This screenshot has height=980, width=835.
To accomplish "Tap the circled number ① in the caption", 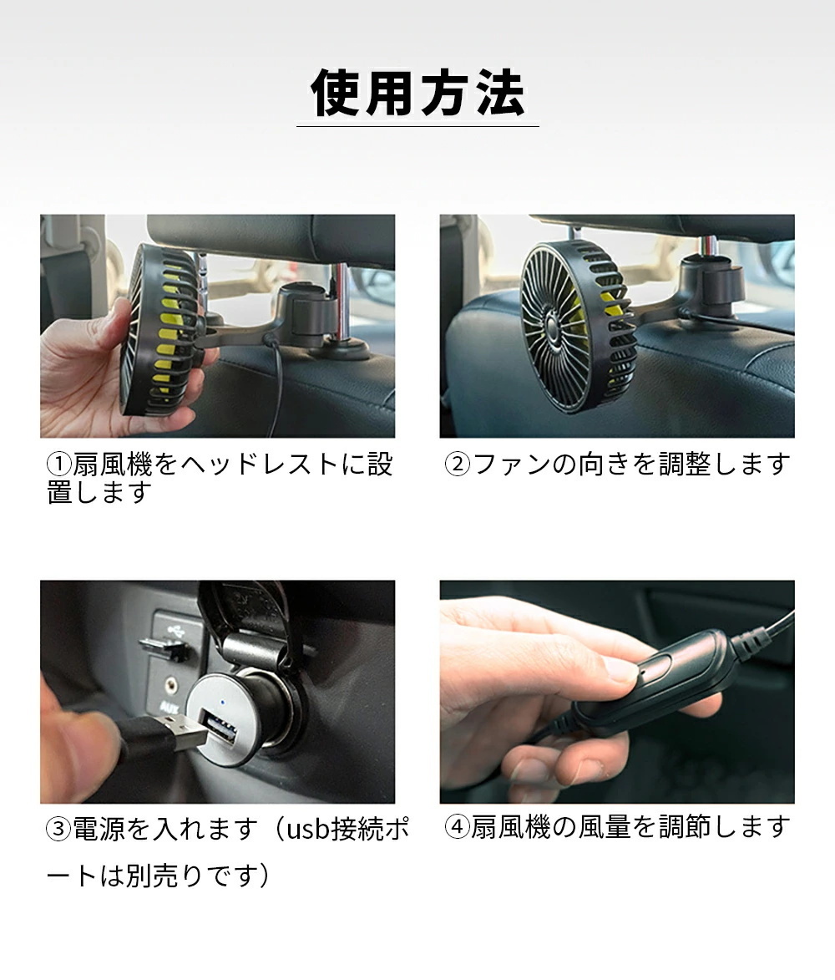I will pos(58,464).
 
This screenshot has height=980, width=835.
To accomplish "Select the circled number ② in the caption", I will pos(458,464).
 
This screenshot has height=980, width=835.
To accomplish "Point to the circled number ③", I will pos(58,830).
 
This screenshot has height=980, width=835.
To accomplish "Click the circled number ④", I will pos(457,828).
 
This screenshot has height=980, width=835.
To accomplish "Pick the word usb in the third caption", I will pos(311,830).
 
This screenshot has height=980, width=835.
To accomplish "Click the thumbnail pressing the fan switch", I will pos(619,668).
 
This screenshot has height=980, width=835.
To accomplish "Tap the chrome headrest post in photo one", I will pos(341,301).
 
